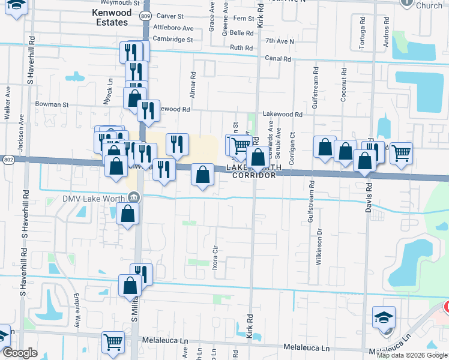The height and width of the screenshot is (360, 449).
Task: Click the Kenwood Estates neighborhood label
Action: [x=110, y=17]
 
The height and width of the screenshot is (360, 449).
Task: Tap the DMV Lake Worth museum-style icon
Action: [x=133, y=197]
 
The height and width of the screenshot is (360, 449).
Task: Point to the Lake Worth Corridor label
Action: [x=252, y=172]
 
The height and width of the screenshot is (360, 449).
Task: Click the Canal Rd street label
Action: [x=278, y=59]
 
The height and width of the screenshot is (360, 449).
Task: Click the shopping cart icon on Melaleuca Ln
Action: [x=113, y=341]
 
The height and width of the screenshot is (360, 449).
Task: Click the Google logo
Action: [x=20, y=353]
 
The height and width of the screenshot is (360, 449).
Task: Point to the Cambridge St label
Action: [x=172, y=39]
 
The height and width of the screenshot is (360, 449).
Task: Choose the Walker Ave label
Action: [x=8, y=103]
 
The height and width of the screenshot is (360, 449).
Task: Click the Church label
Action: [x=429, y=5]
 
